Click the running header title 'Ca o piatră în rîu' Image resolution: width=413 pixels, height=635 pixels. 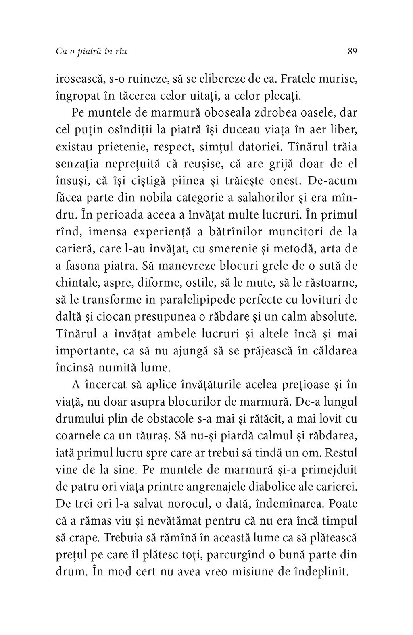point(91,52)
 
